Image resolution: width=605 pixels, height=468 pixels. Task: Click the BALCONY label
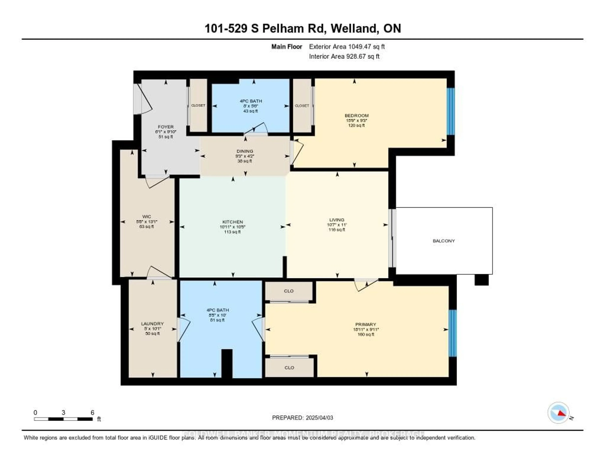click(444, 241)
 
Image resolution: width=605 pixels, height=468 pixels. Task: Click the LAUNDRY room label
click(152, 323)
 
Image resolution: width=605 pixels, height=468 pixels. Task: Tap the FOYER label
click(166, 127)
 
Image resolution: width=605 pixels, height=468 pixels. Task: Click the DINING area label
click(245, 151)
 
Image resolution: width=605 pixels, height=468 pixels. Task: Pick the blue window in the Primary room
click(452, 333)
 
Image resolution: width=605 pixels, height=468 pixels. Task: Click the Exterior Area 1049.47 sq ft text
click(347, 47)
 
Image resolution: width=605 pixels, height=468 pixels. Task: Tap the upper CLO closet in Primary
click(289, 291)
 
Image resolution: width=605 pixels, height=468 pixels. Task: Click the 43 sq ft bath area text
click(250, 111)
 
